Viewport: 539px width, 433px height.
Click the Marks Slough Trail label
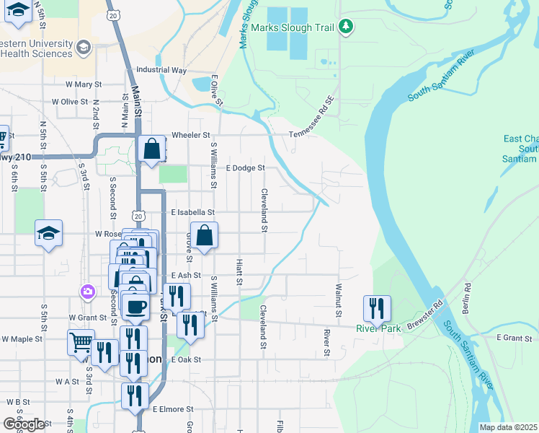click(x=293, y=27)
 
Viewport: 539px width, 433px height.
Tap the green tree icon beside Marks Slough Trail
click(x=347, y=27)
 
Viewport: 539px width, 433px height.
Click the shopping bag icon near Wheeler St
click(x=152, y=150)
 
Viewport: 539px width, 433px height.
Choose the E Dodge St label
click(x=245, y=168)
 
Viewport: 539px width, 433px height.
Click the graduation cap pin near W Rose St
click(x=48, y=233)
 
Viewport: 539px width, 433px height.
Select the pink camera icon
click(x=87, y=291)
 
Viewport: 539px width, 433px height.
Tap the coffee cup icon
click(x=135, y=307)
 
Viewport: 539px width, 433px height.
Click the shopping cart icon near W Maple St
click(x=81, y=342)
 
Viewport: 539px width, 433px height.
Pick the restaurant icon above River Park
click(x=377, y=308)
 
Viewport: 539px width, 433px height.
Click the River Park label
click(x=378, y=328)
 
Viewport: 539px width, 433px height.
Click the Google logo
click(x=24, y=424)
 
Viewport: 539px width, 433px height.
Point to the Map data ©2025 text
click(x=508, y=427)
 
